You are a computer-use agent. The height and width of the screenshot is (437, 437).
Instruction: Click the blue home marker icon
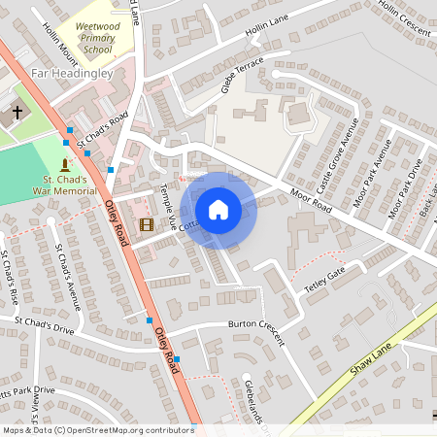[x=218, y=209]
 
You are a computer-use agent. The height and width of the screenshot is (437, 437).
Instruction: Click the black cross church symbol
[x=16, y=113]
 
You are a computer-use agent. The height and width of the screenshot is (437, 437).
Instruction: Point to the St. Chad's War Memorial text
[x=65, y=185]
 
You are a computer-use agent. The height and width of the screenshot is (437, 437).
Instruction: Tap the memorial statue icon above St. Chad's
[x=65, y=163]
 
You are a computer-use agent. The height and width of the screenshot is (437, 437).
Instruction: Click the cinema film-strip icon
[x=146, y=224]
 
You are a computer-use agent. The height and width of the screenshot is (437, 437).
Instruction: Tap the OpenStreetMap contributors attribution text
[x=97, y=429]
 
